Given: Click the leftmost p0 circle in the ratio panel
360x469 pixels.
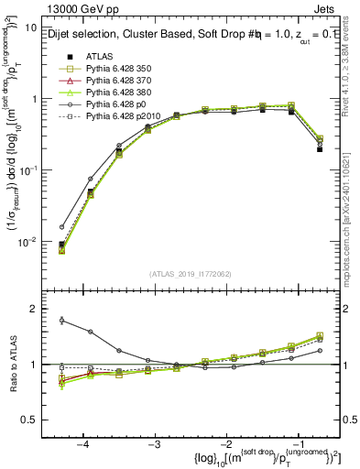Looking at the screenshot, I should [x=61, y=320].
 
